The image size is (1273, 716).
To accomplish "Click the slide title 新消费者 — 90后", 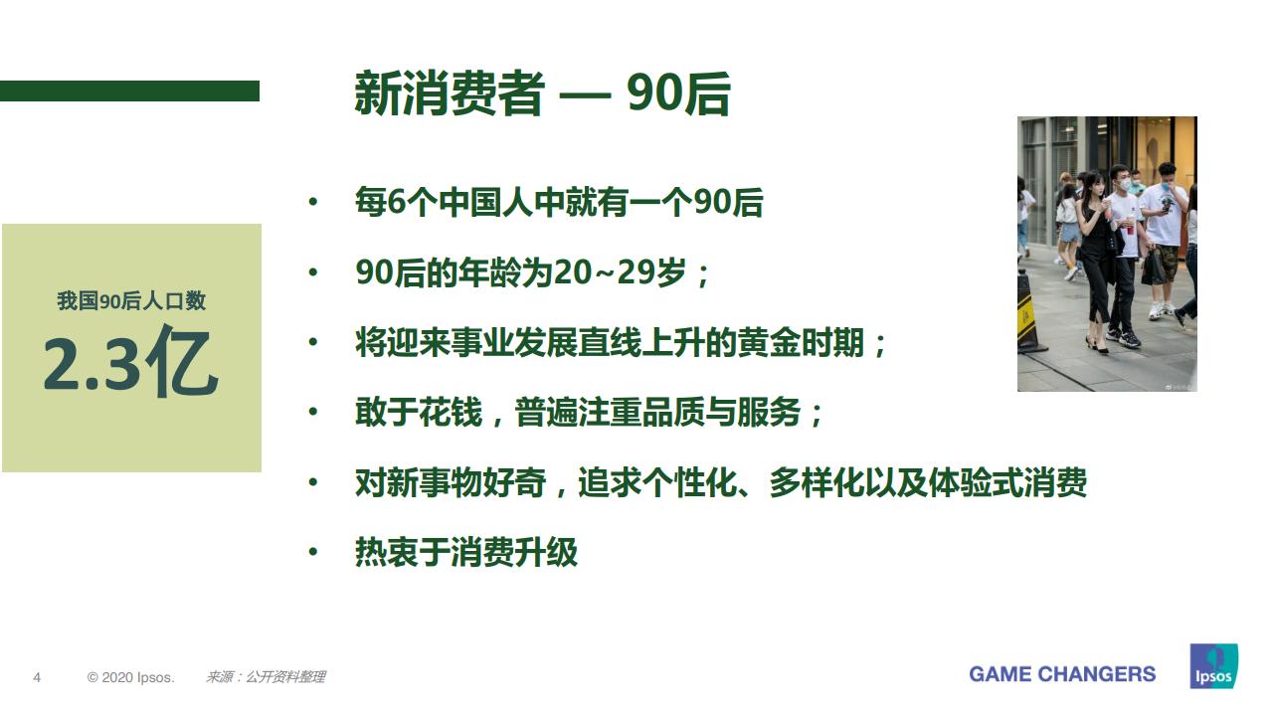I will coord(542,95).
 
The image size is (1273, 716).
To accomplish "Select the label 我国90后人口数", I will coord(131,301).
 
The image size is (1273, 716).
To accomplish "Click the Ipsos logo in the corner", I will coord(1213,666).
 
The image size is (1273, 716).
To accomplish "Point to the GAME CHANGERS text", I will coord(1062,674).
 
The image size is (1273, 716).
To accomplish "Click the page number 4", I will coord(37,677).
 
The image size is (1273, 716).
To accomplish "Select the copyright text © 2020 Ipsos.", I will coord(130,677).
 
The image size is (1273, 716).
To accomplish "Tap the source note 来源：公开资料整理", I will coord(266,677).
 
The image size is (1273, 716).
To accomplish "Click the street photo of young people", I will coord(1106,254).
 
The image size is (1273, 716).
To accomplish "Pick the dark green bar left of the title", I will coord(129,90).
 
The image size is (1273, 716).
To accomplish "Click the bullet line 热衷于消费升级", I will coord(465,552).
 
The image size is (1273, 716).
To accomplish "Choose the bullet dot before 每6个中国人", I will coord(313,203).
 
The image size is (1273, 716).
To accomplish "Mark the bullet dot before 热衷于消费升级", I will coord(313,552).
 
